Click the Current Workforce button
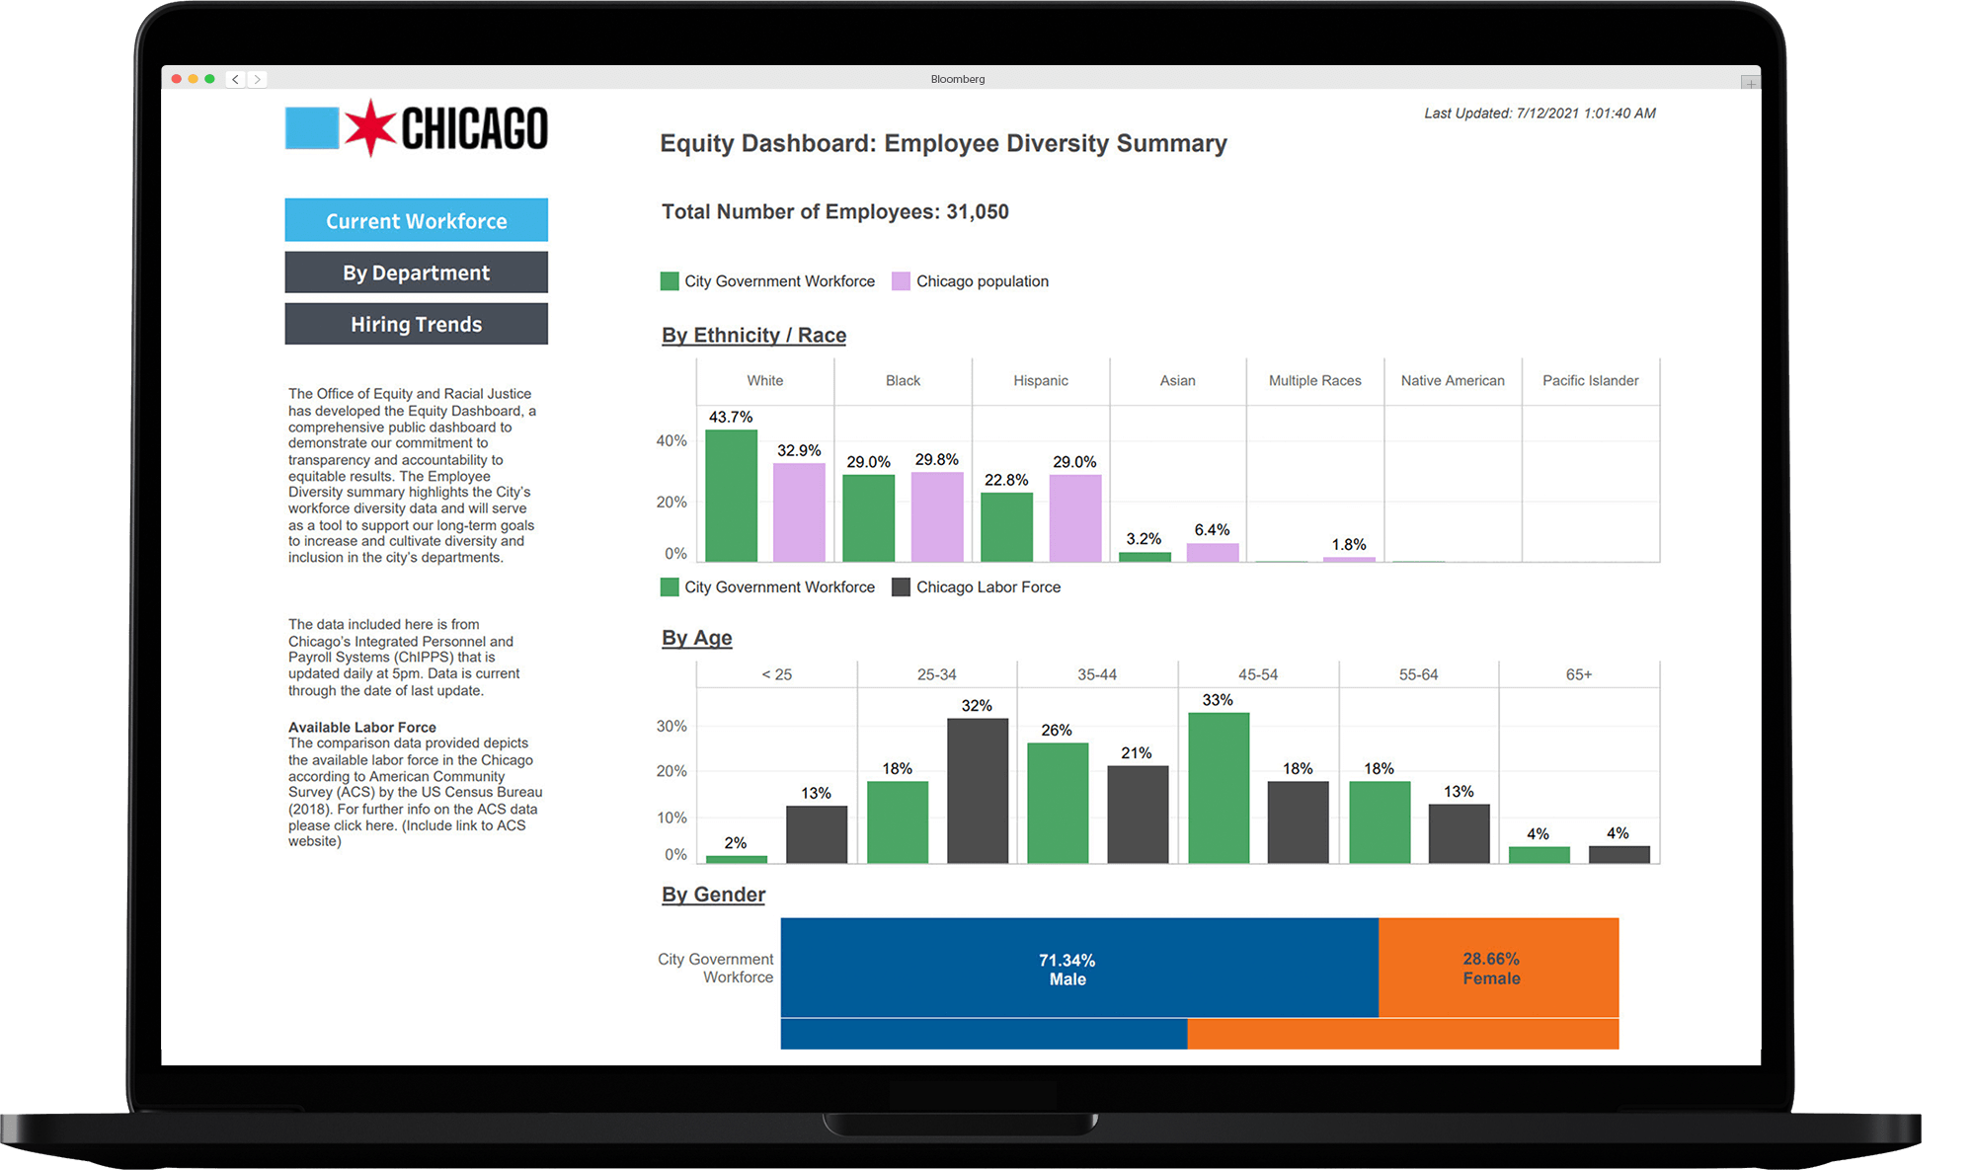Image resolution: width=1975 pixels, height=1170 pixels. [416, 220]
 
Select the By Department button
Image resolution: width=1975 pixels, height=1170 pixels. [416, 273]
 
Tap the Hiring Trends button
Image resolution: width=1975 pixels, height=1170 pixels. [416, 324]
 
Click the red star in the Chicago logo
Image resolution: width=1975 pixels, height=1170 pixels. [369, 128]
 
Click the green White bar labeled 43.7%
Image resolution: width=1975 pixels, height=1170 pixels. [731, 496]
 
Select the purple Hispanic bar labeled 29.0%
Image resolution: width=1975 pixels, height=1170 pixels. [1074, 518]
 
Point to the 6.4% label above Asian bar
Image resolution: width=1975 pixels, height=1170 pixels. [1212, 530]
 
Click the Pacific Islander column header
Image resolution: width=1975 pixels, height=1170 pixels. [1590, 380]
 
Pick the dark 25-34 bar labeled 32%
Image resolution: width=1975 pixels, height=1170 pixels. [977, 790]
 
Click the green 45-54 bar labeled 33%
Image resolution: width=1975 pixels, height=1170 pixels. [1218, 787]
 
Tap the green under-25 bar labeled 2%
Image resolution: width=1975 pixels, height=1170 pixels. [736, 859]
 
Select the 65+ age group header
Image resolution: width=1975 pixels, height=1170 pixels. [1578, 674]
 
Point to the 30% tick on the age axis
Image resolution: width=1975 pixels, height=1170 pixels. [671, 726]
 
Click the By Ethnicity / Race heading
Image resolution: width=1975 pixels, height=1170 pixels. [753, 335]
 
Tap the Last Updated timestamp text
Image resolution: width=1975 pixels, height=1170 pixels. [1539, 114]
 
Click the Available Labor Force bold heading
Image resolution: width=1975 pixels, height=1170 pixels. [361, 727]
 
